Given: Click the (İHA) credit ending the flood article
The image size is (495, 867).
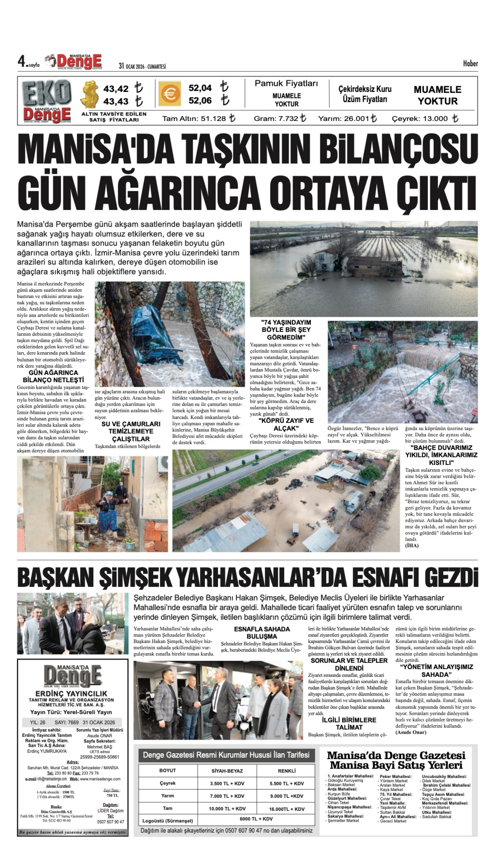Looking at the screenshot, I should point(412,545).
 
